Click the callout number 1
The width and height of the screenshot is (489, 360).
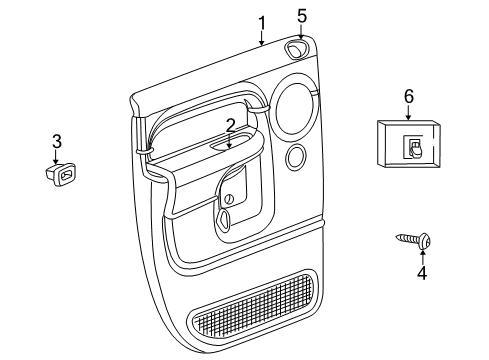pyautogui.click(x=261, y=22)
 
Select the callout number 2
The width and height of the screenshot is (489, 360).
pyautogui.click(x=230, y=126)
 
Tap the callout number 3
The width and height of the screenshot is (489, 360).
pyautogui.click(x=57, y=141)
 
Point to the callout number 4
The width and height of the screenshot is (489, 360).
pyautogui.click(x=421, y=273)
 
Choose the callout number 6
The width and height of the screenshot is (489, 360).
pyautogui.click(x=408, y=96)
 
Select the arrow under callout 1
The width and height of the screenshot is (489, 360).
pyautogui.click(x=261, y=39)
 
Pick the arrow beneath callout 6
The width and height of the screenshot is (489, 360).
pyautogui.click(x=408, y=112)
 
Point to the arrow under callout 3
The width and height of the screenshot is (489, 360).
pyautogui.click(x=57, y=157)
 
